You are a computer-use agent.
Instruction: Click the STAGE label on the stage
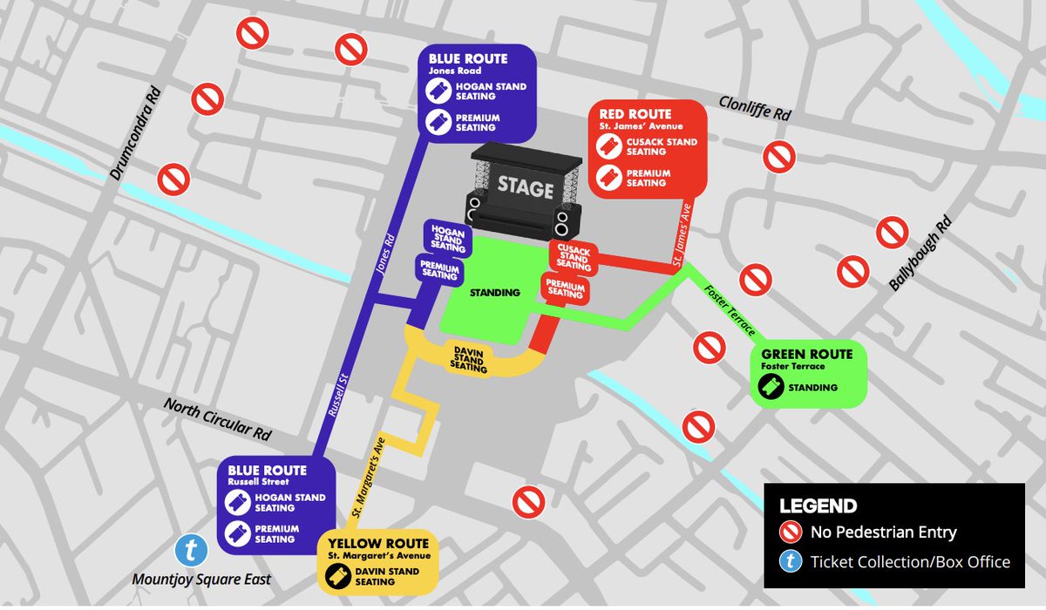(x=526, y=187)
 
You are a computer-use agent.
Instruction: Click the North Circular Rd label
(x=218, y=419)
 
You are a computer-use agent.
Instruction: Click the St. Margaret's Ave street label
(x=370, y=478)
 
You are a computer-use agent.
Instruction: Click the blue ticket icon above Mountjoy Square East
(x=191, y=551)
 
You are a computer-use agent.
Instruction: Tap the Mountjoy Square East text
(x=202, y=579)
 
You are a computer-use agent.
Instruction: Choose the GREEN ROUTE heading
(x=807, y=355)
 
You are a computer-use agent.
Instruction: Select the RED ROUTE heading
(x=635, y=114)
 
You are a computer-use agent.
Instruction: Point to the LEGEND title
(x=818, y=506)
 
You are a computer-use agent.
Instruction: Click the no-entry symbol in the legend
(x=791, y=532)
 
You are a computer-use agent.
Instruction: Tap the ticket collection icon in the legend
(x=791, y=561)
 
